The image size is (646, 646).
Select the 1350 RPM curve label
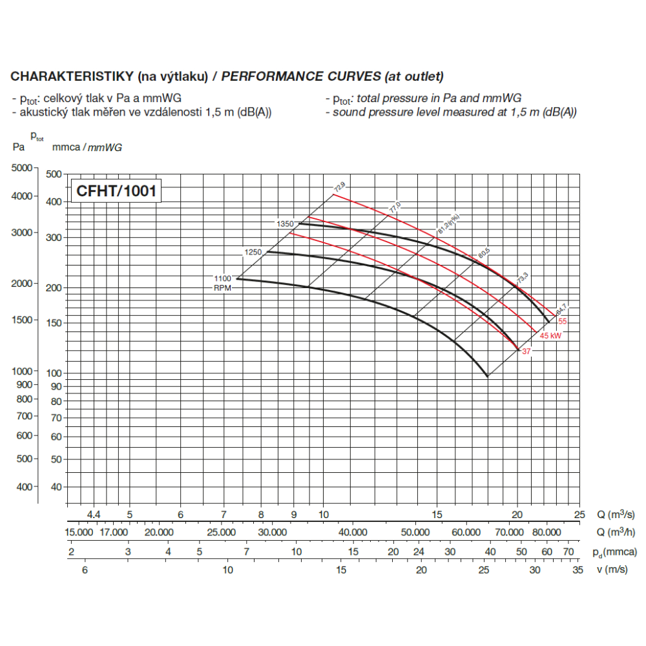(x=286, y=224)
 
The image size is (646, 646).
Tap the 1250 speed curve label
(x=253, y=252)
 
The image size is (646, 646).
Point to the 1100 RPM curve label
(x=222, y=278)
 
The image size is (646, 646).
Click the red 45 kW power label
(x=550, y=336)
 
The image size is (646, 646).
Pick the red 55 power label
(x=563, y=321)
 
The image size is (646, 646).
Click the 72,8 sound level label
(x=339, y=187)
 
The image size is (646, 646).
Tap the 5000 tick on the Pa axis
(x=22, y=168)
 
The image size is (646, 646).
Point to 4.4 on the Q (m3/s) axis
(x=94, y=514)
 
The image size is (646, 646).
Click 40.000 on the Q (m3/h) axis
(x=353, y=532)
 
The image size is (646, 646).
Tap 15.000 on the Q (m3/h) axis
(x=79, y=532)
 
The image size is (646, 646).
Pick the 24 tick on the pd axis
(x=419, y=552)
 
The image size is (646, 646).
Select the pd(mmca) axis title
(x=614, y=552)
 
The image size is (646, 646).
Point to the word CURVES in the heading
(x=349, y=76)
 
